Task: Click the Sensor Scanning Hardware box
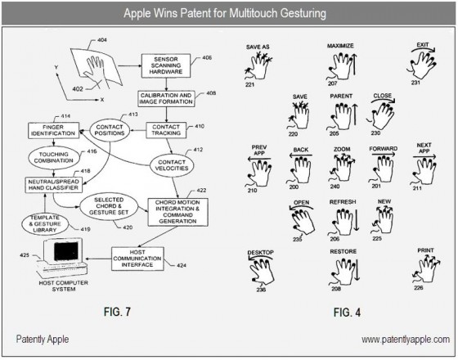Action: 166,65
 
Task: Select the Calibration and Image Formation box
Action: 166,99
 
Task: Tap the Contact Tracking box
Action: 166,130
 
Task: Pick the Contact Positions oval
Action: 110,130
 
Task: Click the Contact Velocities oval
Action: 172,165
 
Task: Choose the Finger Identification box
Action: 53,130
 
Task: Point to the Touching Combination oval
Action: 54,157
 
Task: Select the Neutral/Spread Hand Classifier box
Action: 53,185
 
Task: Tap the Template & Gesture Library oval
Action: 45,224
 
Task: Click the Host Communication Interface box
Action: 137,259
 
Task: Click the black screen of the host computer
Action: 66,250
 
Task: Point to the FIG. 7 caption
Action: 117,312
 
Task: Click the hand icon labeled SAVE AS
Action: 258,65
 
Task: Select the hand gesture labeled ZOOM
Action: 342,168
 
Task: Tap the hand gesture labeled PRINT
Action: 426,268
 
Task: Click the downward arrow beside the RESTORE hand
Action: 357,269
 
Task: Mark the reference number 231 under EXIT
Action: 415,83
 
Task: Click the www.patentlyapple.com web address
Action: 406,340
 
